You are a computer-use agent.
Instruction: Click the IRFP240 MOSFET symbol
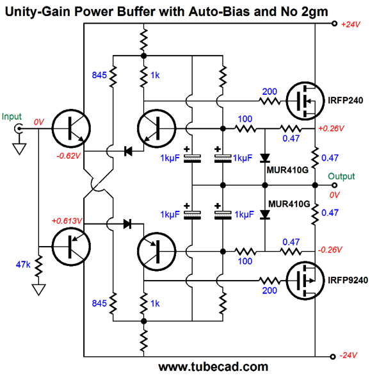305,101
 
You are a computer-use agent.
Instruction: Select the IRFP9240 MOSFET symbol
305,281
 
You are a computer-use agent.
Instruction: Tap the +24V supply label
351,24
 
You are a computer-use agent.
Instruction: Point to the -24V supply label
348,355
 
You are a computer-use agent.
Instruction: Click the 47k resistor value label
23,265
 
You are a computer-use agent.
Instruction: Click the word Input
12,117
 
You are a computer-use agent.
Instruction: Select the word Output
341,176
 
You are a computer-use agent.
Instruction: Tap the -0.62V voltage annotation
68,156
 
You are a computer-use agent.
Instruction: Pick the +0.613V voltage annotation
67,220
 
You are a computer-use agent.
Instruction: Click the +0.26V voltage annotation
331,129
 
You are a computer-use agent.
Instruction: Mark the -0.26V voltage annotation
330,250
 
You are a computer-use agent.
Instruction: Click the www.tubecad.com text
213,367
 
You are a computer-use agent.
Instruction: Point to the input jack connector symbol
19,129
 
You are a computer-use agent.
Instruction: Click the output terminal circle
334,185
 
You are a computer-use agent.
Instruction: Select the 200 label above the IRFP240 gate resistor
269,92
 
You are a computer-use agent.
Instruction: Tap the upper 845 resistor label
99,75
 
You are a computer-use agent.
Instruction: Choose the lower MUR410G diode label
289,204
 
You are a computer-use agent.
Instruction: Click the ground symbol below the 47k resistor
38,290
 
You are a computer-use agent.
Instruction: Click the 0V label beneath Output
335,195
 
